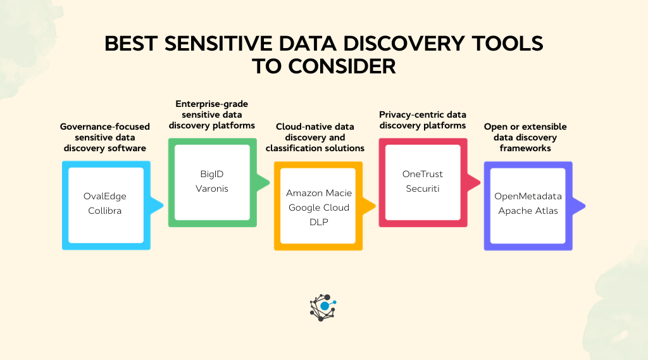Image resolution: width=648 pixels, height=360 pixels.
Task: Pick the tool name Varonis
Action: pos(212,188)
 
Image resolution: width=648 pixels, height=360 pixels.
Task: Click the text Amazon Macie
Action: pos(318,192)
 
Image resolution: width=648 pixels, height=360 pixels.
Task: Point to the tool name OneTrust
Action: pos(423,173)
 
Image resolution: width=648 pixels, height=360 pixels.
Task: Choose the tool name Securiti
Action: pos(423,188)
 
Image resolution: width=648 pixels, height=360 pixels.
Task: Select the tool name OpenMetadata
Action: pos(528,196)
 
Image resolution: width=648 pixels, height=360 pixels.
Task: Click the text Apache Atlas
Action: pos(528,211)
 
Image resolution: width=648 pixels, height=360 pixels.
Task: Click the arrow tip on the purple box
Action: pos(583,205)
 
